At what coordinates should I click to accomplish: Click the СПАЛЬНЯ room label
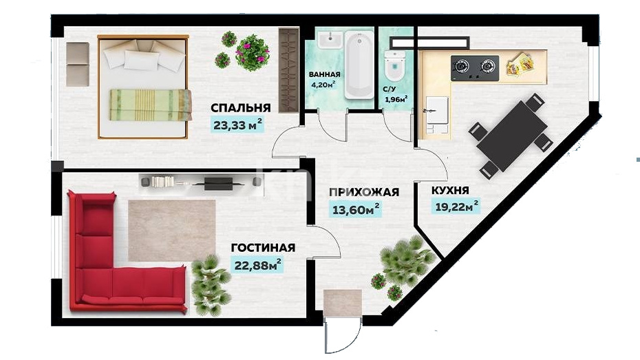tap(240, 108)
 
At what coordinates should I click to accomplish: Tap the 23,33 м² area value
tap(237, 125)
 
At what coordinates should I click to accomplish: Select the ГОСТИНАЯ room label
tap(263, 248)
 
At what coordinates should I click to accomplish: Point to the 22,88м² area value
tap(257, 265)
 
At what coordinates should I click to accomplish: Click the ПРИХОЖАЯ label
tap(363, 192)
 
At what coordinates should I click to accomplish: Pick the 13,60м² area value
tap(356, 210)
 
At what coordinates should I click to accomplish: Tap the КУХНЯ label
tap(450, 191)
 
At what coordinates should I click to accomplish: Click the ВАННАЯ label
tap(325, 75)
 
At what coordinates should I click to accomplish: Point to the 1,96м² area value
tap(396, 99)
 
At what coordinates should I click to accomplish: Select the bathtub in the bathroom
tap(359, 65)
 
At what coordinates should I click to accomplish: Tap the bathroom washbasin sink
tap(330, 41)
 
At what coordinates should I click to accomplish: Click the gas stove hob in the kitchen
tap(475, 67)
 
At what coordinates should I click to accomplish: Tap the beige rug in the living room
tap(172, 230)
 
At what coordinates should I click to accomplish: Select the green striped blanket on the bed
tap(151, 105)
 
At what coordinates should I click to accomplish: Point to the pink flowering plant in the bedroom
tap(253, 52)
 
